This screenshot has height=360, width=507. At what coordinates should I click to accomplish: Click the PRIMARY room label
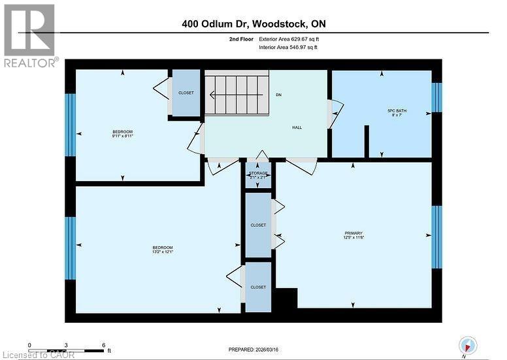click(x=353, y=235)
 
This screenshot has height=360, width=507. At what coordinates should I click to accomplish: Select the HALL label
click(x=297, y=127)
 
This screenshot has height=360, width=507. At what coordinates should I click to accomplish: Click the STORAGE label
click(x=258, y=175)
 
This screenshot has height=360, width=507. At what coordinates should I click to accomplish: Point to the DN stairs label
click(x=278, y=95)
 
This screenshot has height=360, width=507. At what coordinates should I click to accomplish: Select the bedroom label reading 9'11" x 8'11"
click(x=123, y=134)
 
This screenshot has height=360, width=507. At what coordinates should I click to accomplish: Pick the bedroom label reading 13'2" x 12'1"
click(x=162, y=249)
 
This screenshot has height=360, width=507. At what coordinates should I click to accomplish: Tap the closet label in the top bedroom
click(x=186, y=93)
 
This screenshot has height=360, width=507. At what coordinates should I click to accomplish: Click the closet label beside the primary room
click(x=258, y=225)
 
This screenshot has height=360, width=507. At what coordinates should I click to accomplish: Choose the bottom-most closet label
click(x=258, y=287)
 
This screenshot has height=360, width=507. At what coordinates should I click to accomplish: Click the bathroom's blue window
click(x=436, y=97)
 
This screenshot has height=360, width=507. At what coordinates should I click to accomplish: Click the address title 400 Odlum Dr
click(x=254, y=24)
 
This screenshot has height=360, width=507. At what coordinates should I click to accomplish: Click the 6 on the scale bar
click(x=103, y=344)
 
